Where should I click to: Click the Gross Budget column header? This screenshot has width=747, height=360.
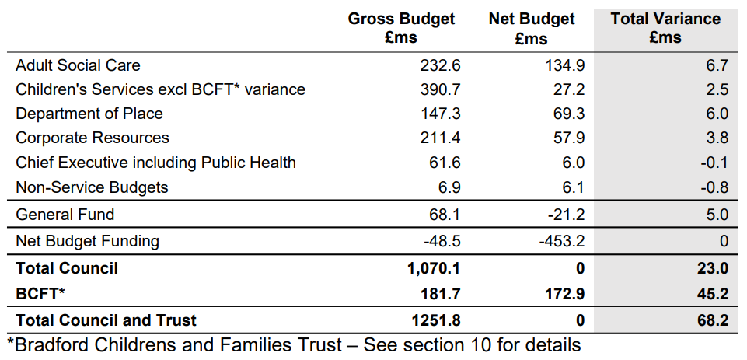click(x=401, y=28)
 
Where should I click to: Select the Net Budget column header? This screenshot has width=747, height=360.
click(x=532, y=28)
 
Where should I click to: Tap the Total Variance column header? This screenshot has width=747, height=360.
click(x=665, y=28)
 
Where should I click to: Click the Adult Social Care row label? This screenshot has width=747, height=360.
click(x=79, y=65)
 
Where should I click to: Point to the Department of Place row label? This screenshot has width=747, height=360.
click(x=89, y=114)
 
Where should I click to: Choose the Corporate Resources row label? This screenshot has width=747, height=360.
click(x=93, y=138)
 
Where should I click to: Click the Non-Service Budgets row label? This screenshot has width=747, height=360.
click(x=92, y=187)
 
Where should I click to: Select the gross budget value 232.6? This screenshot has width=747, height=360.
click(x=440, y=65)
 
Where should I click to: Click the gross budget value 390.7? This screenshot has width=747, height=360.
click(x=440, y=89)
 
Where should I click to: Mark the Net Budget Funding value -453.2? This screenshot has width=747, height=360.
click(x=562, y=241)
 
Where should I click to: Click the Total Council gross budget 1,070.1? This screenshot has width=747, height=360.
click(x=434, y=268)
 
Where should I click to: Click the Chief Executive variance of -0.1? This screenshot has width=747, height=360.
click(x=714, y=163)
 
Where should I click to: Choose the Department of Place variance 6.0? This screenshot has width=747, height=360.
click(x=717, y=114)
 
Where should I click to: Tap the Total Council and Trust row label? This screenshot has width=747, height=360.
click(x=106, y=320)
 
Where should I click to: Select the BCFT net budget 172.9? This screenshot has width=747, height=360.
click(x=564, y=294)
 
